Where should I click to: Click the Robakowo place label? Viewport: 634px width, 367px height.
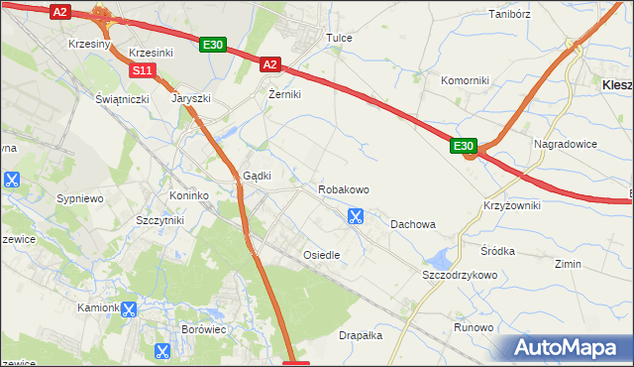pyautogui.click(x=343, y=188)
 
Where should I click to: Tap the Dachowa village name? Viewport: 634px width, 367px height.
pyautogui.click(x=413, y=224)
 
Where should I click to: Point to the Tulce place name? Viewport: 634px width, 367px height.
pyautogui.click(x=339, y=38)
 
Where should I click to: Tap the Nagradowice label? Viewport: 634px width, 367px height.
pyautogui.click(x=565, y=144)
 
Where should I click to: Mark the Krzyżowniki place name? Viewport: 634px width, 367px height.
pyautogui.click(x=512, y=204)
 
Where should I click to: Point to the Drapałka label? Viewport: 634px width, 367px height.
pyautogui.click(x=361, y=335)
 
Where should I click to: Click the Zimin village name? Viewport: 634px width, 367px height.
pyautogui.click(x=569, y=265)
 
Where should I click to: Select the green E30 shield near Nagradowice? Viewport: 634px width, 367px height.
pyautogui.click(x=464, y=146)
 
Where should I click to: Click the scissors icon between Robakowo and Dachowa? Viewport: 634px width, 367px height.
pyautogui.click(x=356, y=215)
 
